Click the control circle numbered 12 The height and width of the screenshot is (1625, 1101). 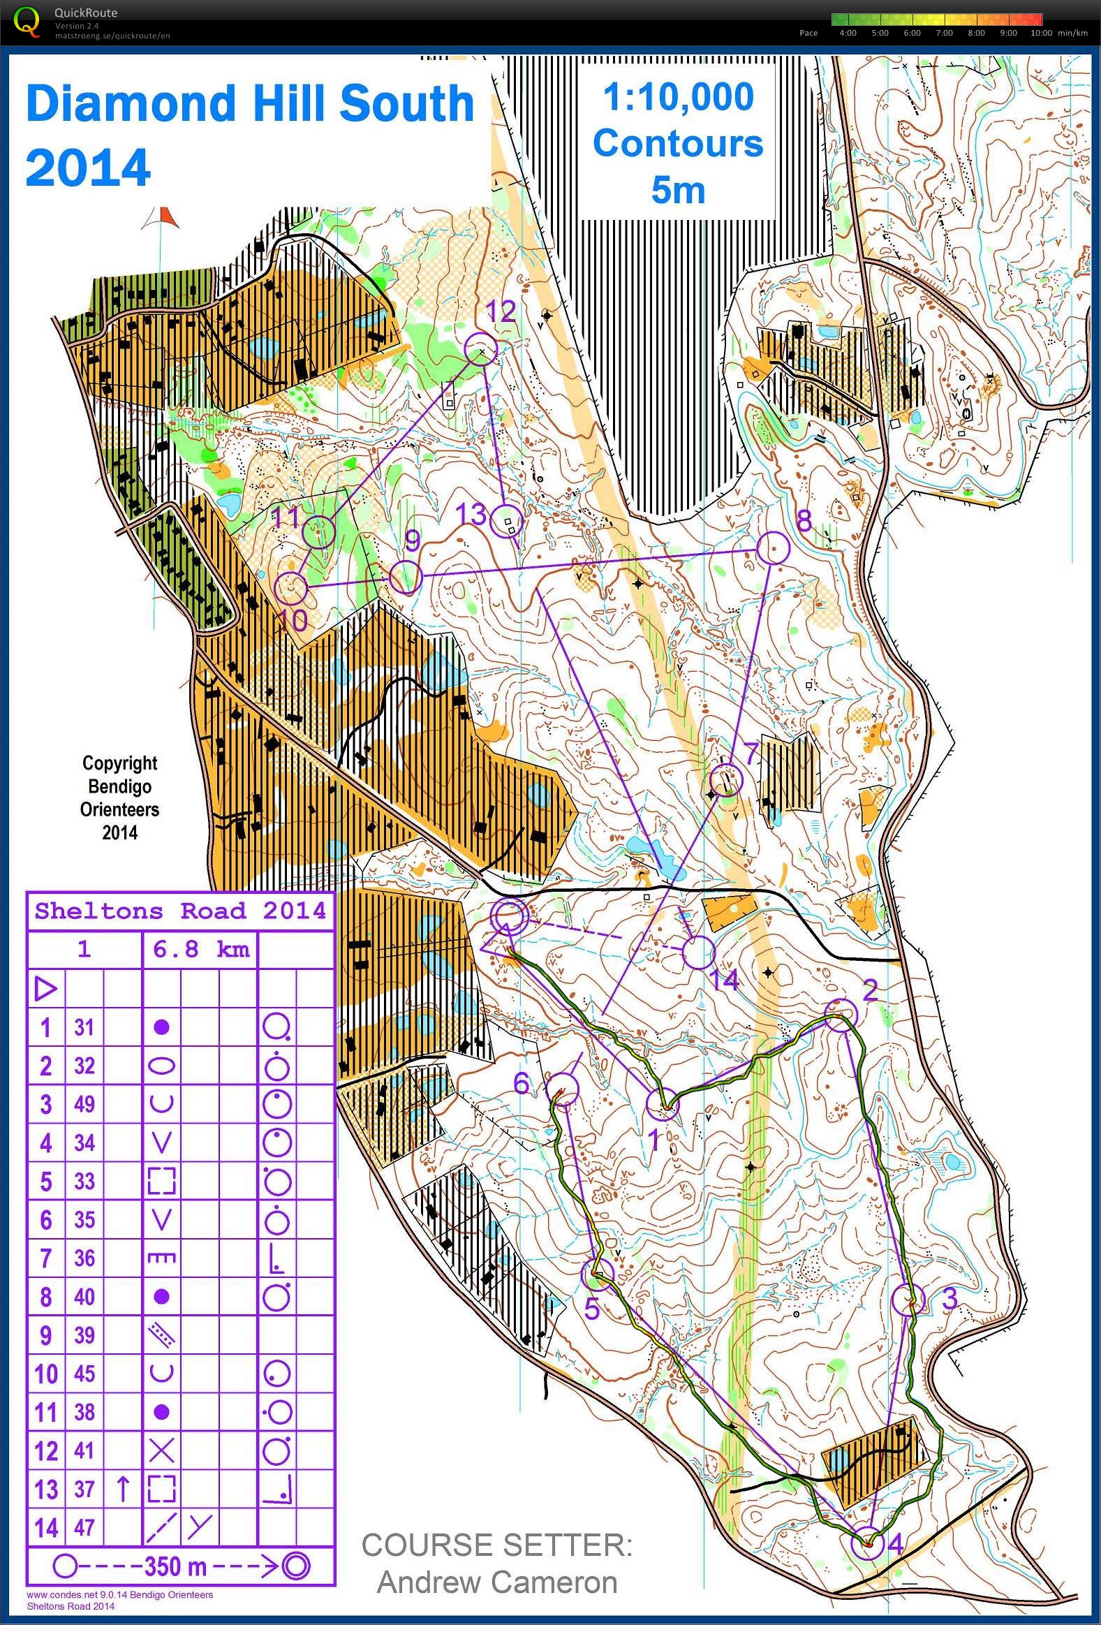(x=481, y=349)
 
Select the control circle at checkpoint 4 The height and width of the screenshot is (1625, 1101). (x=867, y=1543)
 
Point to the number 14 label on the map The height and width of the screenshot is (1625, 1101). (x=724, y=980)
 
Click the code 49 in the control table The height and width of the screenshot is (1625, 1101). (x=84, y=1104)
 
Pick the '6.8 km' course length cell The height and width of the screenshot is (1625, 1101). (x=200, y=949)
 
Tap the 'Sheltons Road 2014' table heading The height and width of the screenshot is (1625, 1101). (x=180, y=911)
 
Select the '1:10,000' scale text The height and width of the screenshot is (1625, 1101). (x=678, y=96)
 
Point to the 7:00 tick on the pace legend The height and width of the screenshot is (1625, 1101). (x=944, y=33)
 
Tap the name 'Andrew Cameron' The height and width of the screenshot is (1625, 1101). (x=496, y=1582)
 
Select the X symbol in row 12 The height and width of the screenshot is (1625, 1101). (x=161, y=1452)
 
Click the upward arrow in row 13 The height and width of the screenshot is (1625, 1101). (x=122, y=1490)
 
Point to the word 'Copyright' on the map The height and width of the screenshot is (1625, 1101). (x=119, y=763)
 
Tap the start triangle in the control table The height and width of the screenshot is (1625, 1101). (x=45, y=989)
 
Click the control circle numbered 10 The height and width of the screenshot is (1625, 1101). (x=292, y=589)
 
